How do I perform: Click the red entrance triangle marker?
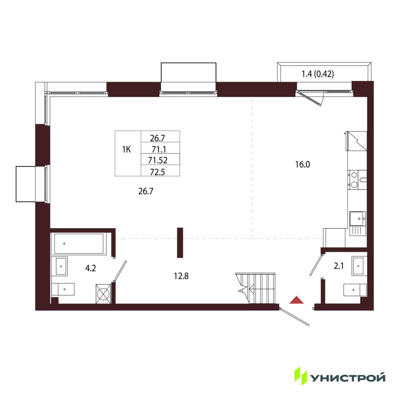(x=296, y=300)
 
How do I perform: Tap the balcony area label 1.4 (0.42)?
(x=317, y=74)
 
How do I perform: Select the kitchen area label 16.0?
(x=302, y=165)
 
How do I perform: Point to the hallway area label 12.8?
(x=181, y=276)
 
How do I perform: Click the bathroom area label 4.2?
(x=91, y=268)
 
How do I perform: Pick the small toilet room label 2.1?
(x=339, y=266)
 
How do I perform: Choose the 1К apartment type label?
(x=127, y=149)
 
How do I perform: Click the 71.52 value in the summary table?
(x=158, y=160)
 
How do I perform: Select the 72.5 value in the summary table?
(x=157, y=172)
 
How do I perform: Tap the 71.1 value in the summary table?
(x=158, y=149)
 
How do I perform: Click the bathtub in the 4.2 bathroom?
(x=79, y=244)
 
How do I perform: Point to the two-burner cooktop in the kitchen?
(x=354, y=180)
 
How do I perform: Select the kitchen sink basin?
(x=357, y=218)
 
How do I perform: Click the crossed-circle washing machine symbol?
(x=103, y=294)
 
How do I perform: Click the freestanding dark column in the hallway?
(x=180, y=243)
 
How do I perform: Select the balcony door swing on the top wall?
(x=311, y=98)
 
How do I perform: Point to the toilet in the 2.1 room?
(x=355, y=290)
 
